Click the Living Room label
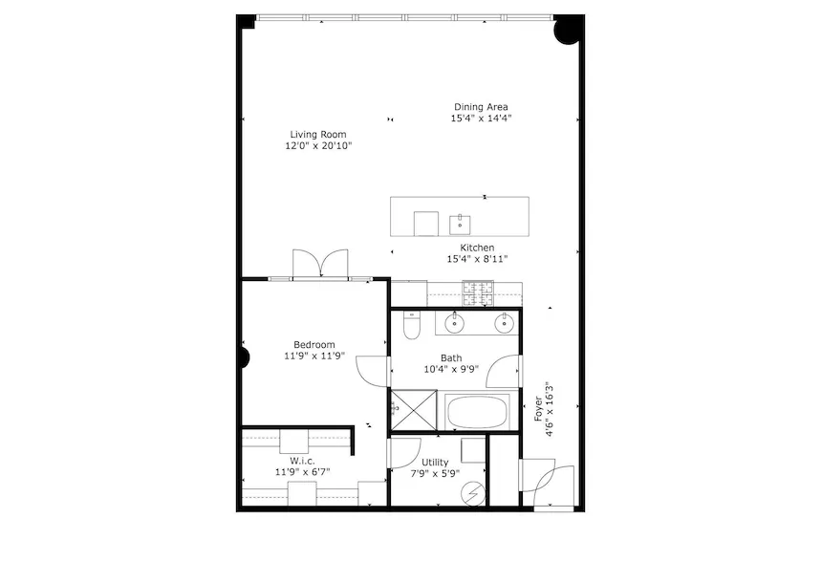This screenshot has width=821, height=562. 318,135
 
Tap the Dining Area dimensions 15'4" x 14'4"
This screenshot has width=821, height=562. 481,119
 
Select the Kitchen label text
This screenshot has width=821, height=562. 477,248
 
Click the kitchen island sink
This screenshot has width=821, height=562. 460,225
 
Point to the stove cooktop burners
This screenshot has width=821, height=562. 478,293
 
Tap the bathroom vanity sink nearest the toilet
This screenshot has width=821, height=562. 455,323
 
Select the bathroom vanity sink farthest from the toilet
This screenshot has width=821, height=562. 504,323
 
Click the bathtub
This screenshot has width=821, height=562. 479,412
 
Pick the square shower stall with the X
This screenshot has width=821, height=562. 414,410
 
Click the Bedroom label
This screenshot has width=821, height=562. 314,345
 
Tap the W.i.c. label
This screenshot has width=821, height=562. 303,461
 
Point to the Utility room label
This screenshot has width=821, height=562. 435,462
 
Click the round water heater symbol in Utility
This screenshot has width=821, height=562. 473,493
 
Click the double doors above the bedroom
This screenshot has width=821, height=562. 320,264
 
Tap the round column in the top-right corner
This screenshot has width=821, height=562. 568,31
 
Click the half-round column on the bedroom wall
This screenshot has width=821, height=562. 245,358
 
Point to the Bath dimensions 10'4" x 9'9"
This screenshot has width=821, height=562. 451,369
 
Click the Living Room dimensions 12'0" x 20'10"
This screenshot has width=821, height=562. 318,146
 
